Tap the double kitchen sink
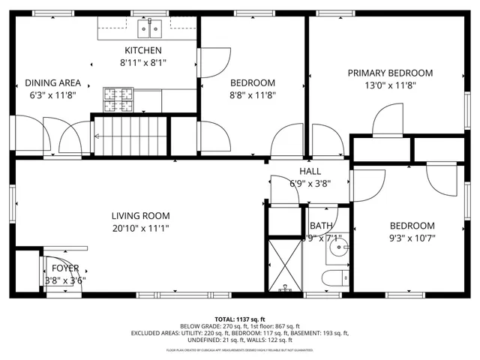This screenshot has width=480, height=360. click(149, 29)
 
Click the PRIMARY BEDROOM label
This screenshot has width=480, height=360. click(389, 73)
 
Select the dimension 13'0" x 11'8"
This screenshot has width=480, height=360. click(389, 85)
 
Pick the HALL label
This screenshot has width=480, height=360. click(310, 171)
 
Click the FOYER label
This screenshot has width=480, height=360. click(64, 268)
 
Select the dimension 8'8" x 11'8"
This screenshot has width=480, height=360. click(252, 95)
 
